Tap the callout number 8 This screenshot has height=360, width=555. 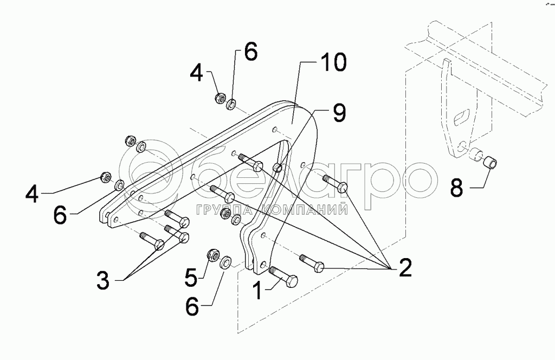[456, 188]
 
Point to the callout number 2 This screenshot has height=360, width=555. [404, 267]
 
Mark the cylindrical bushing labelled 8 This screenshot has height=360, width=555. [490, 162]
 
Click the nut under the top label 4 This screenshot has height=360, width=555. [221, 98]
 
